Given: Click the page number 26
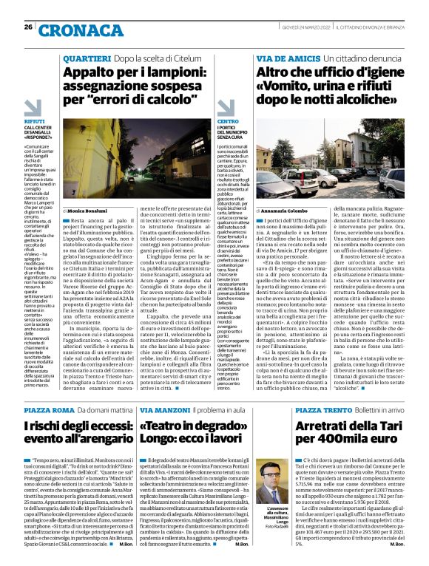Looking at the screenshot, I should pyautogui.click(x=27, y=27).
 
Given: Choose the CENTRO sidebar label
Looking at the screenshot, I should pyautogui.click(x=227, y=120).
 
